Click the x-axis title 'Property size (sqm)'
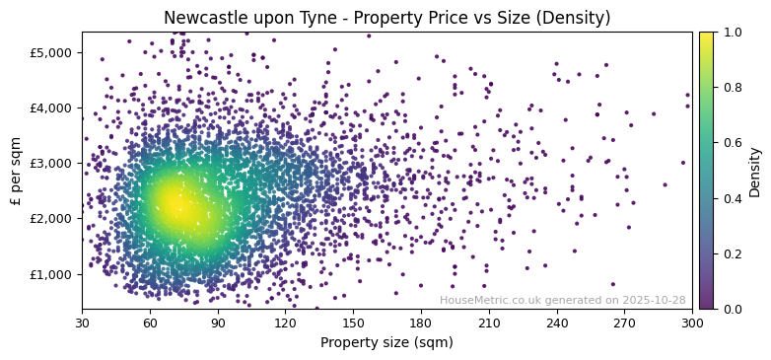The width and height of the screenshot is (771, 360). (x=386, y=343)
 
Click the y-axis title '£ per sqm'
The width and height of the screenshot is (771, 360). (x=16, y=171)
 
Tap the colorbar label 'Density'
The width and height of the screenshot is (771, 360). (x=755, y=171)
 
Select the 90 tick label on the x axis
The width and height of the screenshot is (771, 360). (x=218, y=323)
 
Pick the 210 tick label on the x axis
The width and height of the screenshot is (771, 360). (x=489, y=323)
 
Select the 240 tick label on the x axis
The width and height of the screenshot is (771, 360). (x=557, y=323)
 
